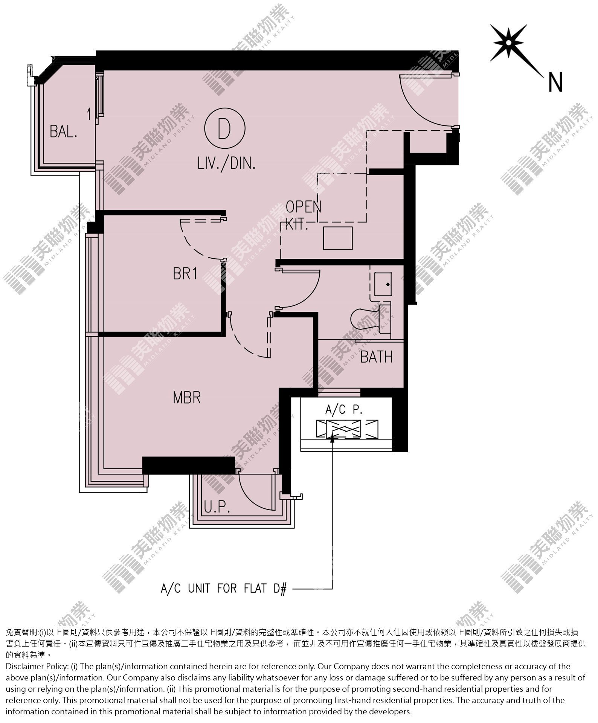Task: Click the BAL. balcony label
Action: (64, 132)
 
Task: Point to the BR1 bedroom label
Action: (185, 274)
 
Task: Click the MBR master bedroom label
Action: (187, 398)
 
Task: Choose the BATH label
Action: (377, 357)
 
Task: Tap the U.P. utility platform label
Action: (217, 509)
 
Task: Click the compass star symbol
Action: (509, 43)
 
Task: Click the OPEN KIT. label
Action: (301, 215)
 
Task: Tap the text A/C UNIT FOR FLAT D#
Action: (224, 588)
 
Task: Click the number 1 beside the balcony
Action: (89, 114)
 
